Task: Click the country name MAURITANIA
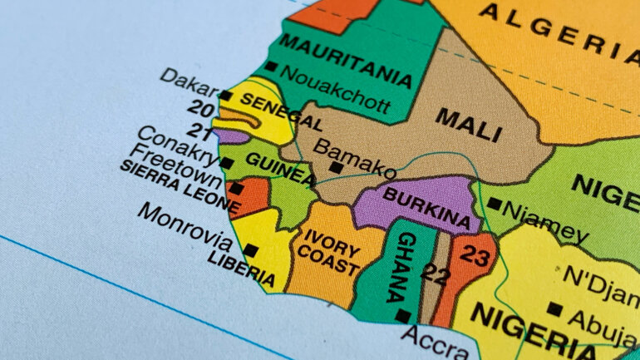click(x=346, y=57)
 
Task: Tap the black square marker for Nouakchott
click(x=271, y=67)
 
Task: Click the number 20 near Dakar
click(x=199, y=108)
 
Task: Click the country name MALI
click(x=469, y=124)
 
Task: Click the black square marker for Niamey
click(x=494, y=204)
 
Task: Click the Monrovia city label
click(x=185, y=226)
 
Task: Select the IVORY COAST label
click(x=330, y=252)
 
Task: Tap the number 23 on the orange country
click(x=475, y=257)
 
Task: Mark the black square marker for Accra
click(x=403, y=316)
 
